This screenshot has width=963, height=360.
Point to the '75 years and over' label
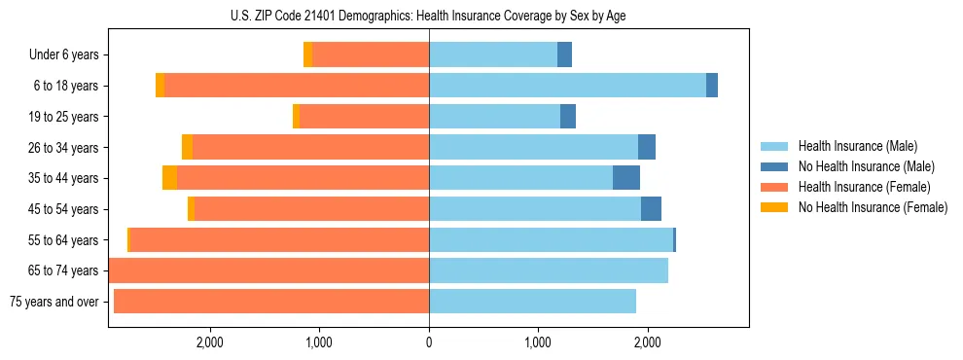(x=54, y=302)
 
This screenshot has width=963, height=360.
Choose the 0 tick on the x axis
(x=429, y=342)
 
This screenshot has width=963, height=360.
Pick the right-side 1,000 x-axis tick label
(x=538, y=342)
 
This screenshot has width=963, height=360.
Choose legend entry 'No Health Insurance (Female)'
(x=873, y=207)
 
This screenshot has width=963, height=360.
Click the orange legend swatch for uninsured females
(x=775, y=207)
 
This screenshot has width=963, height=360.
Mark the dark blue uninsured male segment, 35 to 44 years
(x=626, y=178)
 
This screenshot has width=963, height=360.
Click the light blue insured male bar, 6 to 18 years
(x=567, y=86)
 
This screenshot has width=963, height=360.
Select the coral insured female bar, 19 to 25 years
(x=365, y=117)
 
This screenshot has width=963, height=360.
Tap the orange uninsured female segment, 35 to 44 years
(x=169, y=178)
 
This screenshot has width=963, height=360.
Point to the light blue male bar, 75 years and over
(x=532, y=302)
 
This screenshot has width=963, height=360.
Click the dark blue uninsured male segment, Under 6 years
(x=564, y=55)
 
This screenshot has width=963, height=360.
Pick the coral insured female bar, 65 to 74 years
(x=268, y=270)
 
